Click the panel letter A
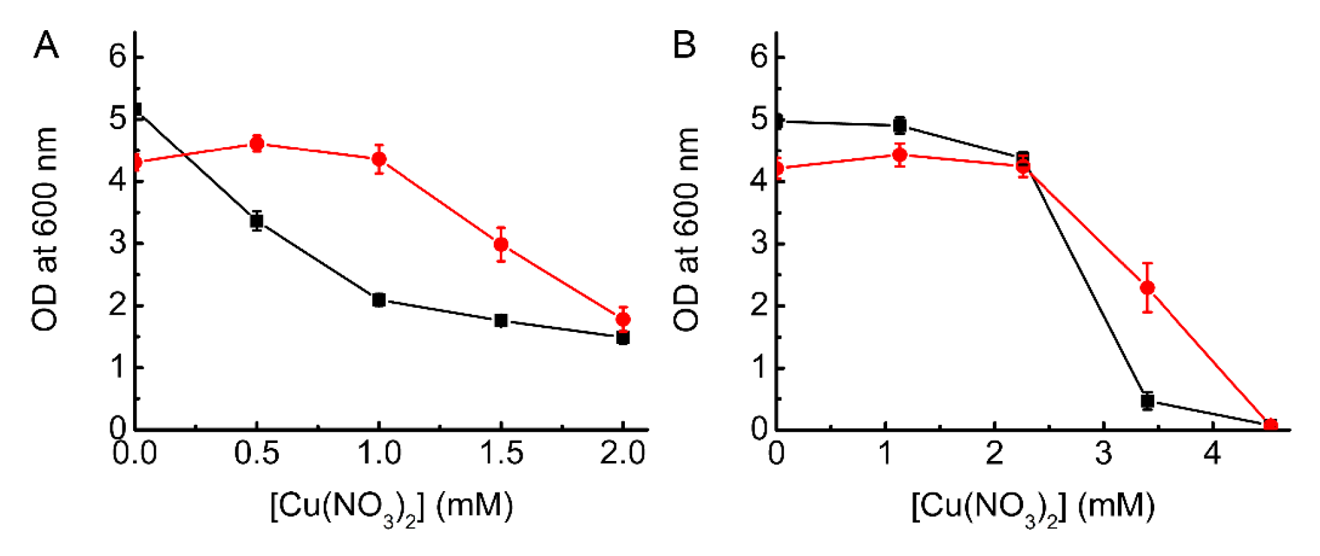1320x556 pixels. coord(46,45)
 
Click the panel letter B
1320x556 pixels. coord(684,45)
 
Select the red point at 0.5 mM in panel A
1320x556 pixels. coord(257,143)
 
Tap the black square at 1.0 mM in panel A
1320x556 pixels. coord(379,300)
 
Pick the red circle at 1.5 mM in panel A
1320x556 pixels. coord(501,244)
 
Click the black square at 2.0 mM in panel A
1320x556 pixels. coord(623,338)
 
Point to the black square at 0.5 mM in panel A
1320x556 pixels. coord(257,221)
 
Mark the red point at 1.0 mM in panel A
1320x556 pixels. coord(379,159)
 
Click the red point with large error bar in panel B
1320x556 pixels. coord(1147,288)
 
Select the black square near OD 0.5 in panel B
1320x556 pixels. coord(1147,401)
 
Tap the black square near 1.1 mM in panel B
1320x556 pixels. coord(900,125)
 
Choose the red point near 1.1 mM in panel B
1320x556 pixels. coord(900,155)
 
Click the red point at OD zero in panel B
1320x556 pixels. coord(1270,426)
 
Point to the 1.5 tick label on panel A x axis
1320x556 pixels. coord(501,454)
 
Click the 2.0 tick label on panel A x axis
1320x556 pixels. coord(622,454)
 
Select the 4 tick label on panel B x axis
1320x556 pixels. coord(1212,454)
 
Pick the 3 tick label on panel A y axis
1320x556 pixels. coord(118,242)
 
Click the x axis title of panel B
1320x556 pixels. coord(1032,507)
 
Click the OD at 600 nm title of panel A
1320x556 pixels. coord(45,229)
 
